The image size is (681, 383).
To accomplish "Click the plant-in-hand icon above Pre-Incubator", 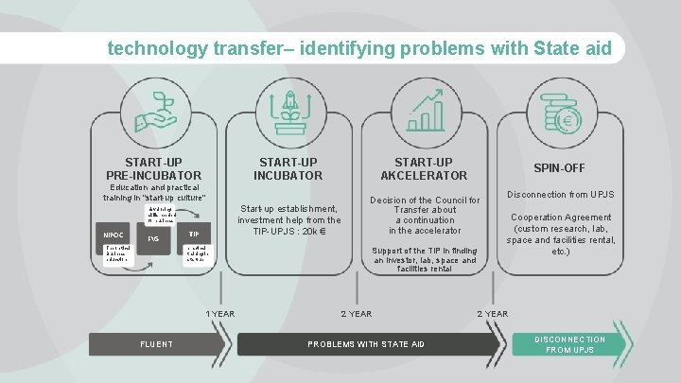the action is tap(154, 112).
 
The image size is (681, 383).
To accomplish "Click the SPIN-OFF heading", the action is tap(559, 168).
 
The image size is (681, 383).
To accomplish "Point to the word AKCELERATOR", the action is tap(424, 175).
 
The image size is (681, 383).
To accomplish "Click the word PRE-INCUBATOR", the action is tap(154, 175).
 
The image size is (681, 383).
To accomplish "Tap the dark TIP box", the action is tap(193, 233).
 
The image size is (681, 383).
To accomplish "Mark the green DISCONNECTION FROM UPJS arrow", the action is tap(570, 344).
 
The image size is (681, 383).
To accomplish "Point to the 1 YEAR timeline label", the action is tap(220, 314).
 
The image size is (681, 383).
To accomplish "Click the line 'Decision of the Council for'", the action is tap(425, 200).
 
